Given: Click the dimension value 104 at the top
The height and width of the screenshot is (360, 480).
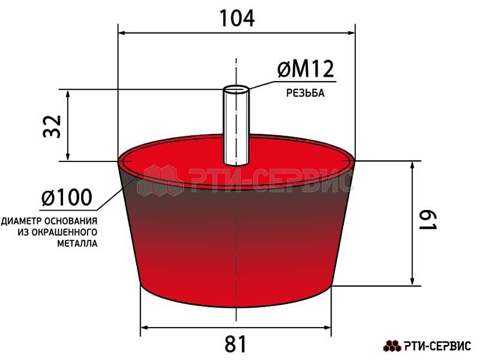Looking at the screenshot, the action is point(237,19).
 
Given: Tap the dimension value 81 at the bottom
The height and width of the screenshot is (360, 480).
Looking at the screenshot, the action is point(235,344).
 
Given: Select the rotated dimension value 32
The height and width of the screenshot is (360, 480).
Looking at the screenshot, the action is point(52,126).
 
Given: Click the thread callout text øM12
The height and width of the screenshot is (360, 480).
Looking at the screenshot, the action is point(305,69).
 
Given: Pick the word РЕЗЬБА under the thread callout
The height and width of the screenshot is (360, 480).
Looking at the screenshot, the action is point(305,93).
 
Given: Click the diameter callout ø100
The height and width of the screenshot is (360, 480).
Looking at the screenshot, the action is point(67,197).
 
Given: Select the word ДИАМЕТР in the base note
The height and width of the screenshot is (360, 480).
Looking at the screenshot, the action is point(22,221).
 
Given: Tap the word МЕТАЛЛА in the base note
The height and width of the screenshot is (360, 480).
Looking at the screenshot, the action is point(77,244).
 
